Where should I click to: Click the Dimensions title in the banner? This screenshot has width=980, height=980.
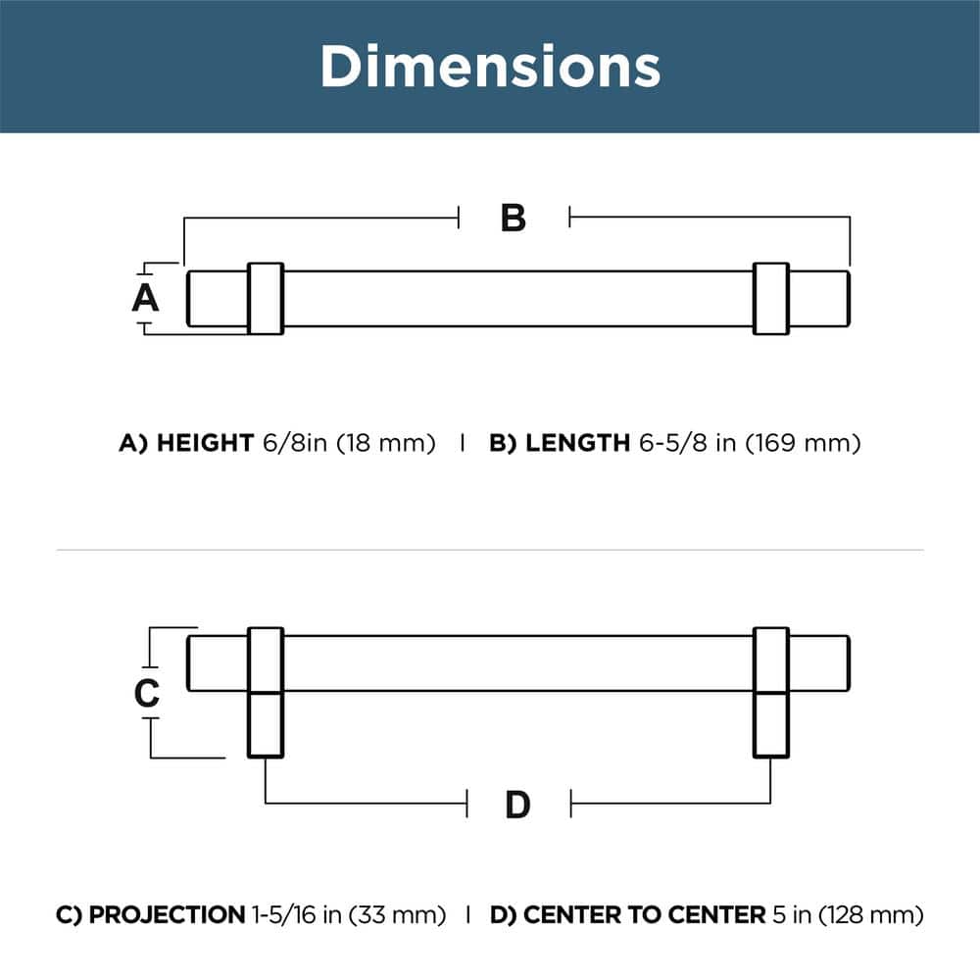point(490,66)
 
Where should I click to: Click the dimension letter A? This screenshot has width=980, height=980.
point(145,297)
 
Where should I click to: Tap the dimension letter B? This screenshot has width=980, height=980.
point(514,219)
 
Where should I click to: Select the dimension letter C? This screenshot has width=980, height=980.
point(146,694)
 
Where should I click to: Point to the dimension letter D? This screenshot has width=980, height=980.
point(517,806)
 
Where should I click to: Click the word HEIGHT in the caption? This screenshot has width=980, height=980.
point(205,443)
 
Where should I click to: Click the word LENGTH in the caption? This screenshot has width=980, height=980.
point(577,443)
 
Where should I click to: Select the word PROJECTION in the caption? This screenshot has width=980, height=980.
point(167,915)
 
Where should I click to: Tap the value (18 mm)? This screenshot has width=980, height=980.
point(385,443)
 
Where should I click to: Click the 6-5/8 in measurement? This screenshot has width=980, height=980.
point(687,443)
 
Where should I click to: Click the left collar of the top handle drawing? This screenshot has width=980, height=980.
point(266,298)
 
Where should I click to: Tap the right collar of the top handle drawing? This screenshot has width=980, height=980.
point(771,298)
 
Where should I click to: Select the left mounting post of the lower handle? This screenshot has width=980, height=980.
point(266,723)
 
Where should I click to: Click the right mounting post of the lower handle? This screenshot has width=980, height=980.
point(771,723)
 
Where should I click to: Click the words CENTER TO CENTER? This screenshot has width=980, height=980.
point(643,915)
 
